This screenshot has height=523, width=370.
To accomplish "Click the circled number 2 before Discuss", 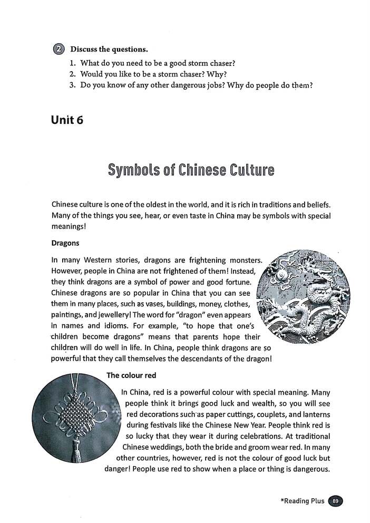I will coord(58,50).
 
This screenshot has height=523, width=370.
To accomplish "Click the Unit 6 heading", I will coord(67,120).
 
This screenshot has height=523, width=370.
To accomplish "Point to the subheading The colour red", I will coord(131,375).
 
